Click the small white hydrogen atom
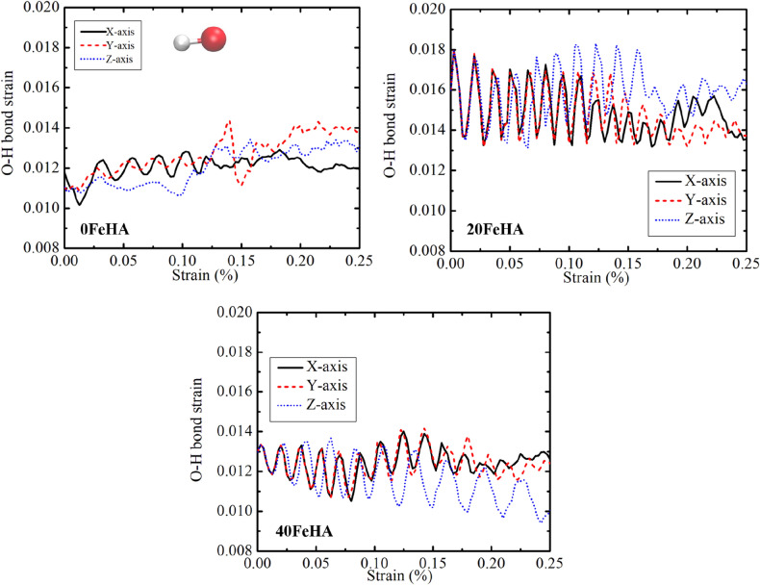[x=179, y=42]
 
